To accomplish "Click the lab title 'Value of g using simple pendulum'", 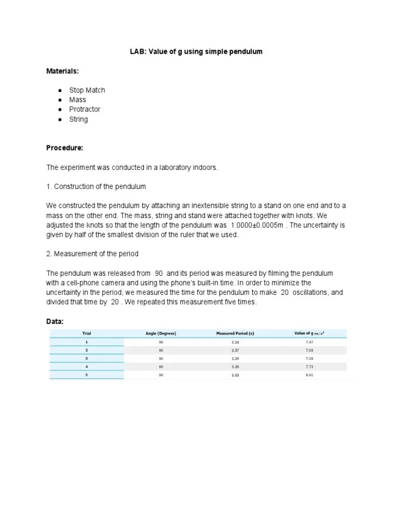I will click(x=196, y=52).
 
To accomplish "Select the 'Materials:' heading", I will click(x=63, y=71).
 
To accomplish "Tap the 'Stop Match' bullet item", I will click(x=87, y=90).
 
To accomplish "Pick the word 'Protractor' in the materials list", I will click(x=85, y=109).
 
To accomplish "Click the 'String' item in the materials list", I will click(x=78, y=119).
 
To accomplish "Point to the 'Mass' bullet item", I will click(x=78, y=100).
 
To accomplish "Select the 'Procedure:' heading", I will click(x=64, y=148).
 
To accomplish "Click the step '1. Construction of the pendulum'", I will click(x=96, y=186).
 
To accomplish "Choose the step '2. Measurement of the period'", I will click(x=93, y=254).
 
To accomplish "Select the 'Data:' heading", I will click(x=55, y=321).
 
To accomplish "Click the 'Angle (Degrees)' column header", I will click(x=161, y=333).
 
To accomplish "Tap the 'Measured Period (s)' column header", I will click(x=235, y=333).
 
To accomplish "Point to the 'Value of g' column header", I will click(x=309, y=333).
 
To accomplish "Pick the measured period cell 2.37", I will click(x=235, y=350).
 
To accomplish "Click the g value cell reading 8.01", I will click(x=309, y=375).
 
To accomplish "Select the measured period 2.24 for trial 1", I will click(x=235, y=341).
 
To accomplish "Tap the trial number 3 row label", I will click(x=86, y=358).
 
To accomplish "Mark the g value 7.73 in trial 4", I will click(x=309, y=367).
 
